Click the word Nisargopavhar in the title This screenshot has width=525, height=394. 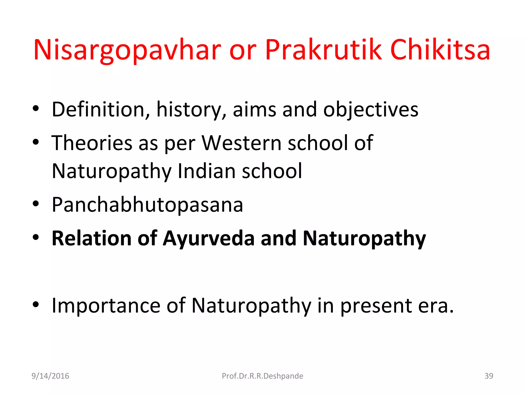(127, 50)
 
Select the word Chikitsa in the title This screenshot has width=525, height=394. (440, 50)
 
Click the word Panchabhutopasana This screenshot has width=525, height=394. (147, 205)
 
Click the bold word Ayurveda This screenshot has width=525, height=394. (209, 239)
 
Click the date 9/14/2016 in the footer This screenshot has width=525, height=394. (50, 376)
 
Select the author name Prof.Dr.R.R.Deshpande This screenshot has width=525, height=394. (262, 376)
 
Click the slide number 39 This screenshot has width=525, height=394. (489, 376)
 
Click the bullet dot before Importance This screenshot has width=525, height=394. (36, 304)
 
